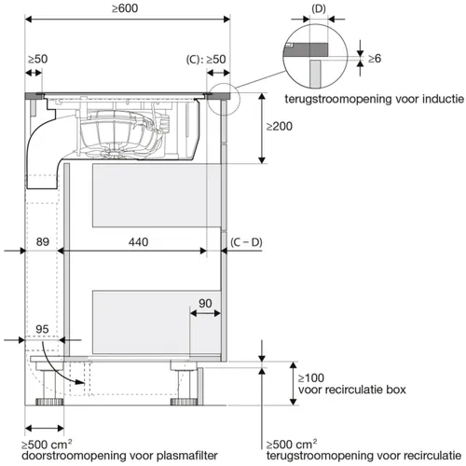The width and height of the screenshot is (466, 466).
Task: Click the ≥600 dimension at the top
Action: (x=125, y=8)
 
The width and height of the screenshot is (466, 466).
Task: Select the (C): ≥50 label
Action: (x=206, y=60)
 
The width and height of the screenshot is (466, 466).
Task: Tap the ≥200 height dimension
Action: (x=280, y=127)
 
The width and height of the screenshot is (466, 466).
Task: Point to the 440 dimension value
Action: (x=138, y=242)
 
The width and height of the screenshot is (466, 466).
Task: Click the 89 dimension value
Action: (x=43, y=241)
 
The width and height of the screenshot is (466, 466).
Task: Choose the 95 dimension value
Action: (x=42, y=329)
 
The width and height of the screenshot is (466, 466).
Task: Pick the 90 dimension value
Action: (x=205, y=303)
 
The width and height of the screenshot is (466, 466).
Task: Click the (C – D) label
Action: (x=246, y=242)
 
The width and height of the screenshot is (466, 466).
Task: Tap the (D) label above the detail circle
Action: (x=319, y=9)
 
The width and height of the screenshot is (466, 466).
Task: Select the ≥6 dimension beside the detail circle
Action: (x=375, y=59)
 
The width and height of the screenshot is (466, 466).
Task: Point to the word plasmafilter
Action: (x=187, y=456)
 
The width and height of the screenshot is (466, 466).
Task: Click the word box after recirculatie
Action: (x=396, y=390)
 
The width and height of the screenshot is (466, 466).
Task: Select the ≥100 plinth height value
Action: (x=311, y=378)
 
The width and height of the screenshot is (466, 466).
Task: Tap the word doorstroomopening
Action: (x=75, y=456)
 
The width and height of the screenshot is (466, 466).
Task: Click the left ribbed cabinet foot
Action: (x=49, y=402)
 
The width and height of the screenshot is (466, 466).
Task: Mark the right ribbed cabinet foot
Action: (x=184, y=402)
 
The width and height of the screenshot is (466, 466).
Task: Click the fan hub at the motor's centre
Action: (x=116, y=152)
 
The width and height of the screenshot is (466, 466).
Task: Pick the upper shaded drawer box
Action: (x=157, y=196)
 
